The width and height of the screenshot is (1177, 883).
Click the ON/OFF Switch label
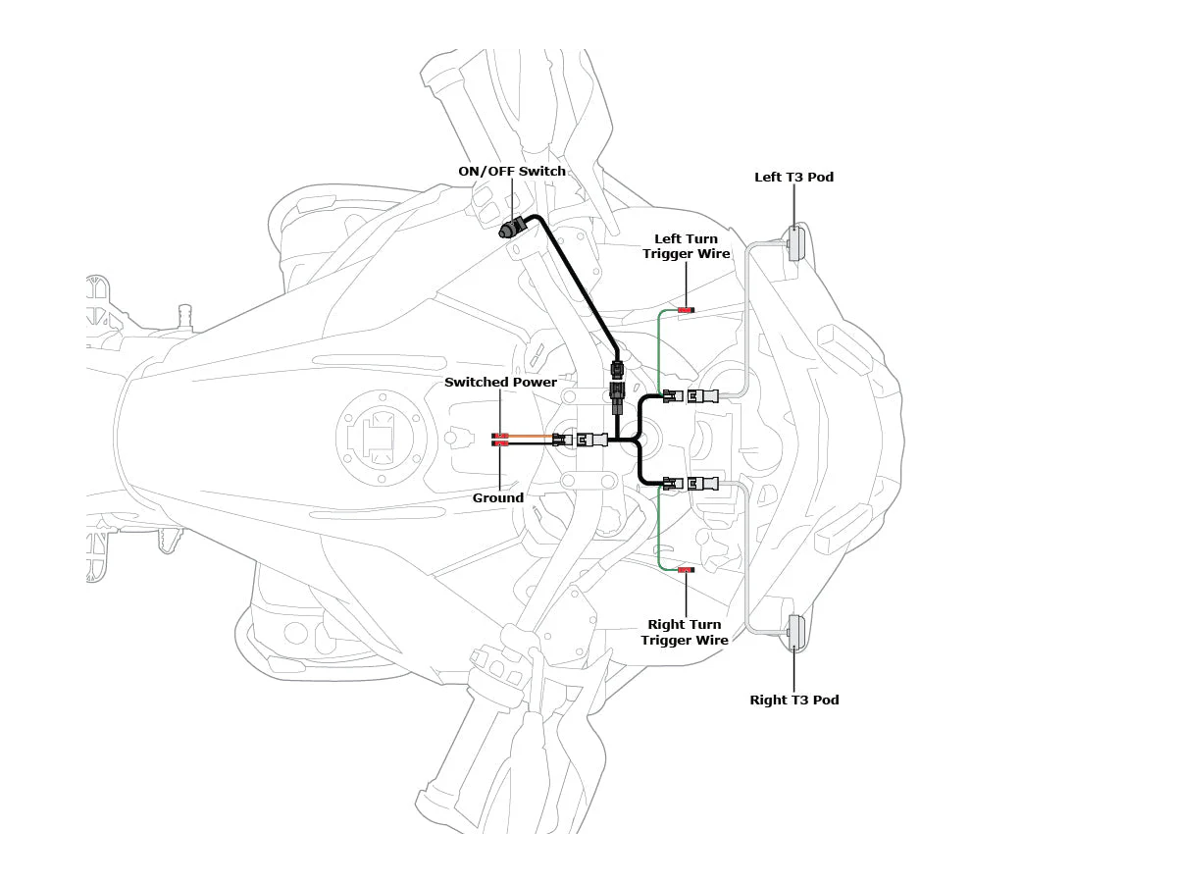512,172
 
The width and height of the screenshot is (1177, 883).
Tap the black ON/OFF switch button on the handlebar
513,229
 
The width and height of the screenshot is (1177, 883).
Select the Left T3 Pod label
793,177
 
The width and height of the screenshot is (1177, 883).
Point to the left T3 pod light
795,244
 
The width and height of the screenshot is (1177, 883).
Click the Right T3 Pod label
794,700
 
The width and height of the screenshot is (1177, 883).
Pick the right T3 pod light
795,633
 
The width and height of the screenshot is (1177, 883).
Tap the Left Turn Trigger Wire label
687,246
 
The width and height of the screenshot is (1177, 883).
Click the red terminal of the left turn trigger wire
687,310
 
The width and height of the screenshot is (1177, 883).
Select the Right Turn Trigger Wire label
685,632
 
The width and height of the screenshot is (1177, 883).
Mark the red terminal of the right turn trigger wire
687,570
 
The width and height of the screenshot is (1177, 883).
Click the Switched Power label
501,383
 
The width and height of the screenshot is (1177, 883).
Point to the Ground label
498,498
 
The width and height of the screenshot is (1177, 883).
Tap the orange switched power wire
531,436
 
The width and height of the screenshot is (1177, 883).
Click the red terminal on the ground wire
500,443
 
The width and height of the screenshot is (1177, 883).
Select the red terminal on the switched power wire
500,436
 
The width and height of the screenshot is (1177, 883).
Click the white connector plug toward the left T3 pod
703,396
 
